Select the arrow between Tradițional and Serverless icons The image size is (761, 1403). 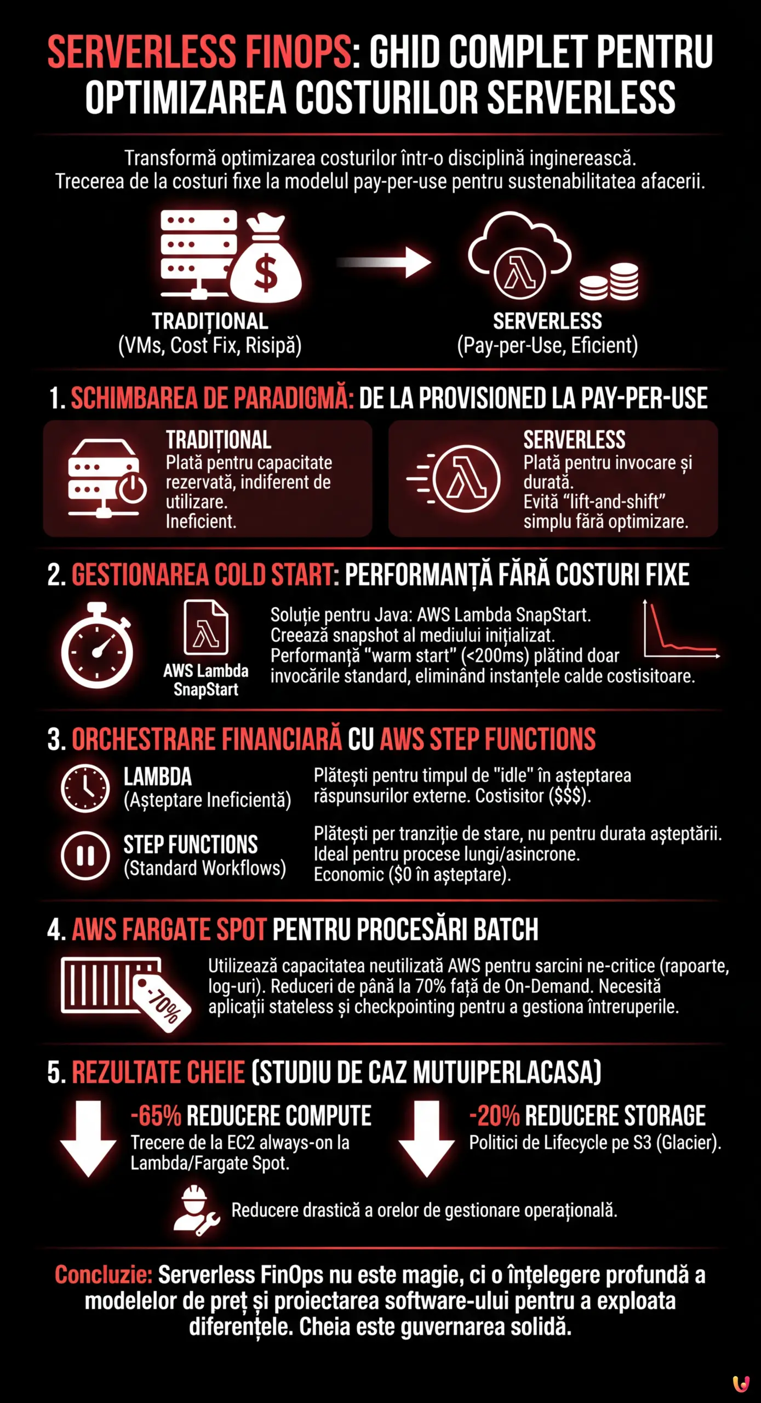click(384, 262)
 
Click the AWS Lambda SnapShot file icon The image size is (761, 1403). click(206, 628)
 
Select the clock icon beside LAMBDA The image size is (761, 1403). click(85, 788)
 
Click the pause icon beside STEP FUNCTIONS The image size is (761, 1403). click(85, 856)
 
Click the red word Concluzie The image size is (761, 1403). click(103, 1275)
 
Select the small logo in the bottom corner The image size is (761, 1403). click(741, 1383)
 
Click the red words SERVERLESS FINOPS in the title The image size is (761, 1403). click(199, 53)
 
